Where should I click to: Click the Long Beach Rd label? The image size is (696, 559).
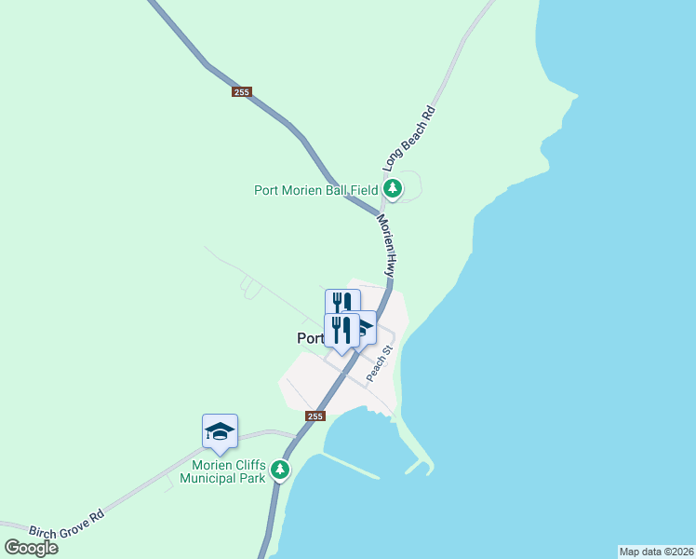coord(410,137)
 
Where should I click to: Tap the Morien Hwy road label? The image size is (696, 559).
coord(387,245)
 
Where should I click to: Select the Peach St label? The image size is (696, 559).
coord(381,364)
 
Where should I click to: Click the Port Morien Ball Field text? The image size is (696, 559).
coord(316,190)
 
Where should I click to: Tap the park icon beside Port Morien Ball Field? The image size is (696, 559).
coord(393,189)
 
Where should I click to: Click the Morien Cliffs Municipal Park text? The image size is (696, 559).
coord(228,471)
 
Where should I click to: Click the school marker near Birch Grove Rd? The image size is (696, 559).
coord(220,430)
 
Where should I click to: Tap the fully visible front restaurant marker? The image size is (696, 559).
coord(341,331)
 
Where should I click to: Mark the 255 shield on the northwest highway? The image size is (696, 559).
coord(242,91)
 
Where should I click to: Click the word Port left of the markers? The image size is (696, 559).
coord(310,338)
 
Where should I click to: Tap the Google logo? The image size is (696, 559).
coord(31,547)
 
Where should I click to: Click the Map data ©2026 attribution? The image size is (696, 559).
coord(655,552)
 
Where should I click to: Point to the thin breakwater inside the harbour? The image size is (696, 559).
coord(352,466)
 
